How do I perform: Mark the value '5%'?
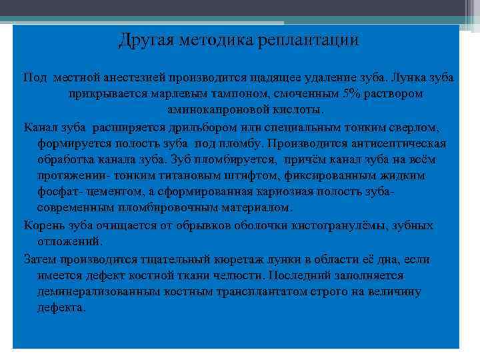pyautogui.click(x=349, y=93)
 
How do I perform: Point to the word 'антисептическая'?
pyautogui.click(x=404, y=143)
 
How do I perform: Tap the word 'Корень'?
pyautogui.click(x=43, y=225)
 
